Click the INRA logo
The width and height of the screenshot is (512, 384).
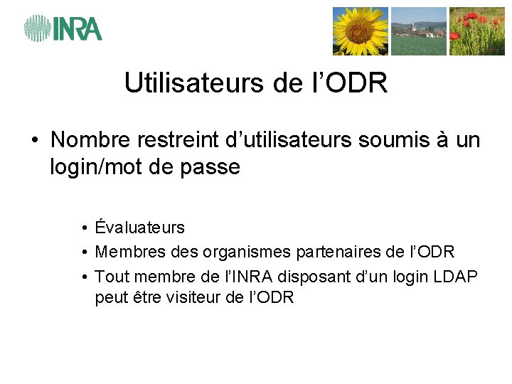(x=63, y=28)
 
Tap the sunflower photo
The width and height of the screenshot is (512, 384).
(x=361, y=31)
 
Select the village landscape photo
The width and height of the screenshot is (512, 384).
(x=419, y=31)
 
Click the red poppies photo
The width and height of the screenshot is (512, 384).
(x=476, y=31)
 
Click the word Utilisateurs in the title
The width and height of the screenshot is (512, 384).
(x=194, y=83)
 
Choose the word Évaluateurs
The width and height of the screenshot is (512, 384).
(x=140, y=228)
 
